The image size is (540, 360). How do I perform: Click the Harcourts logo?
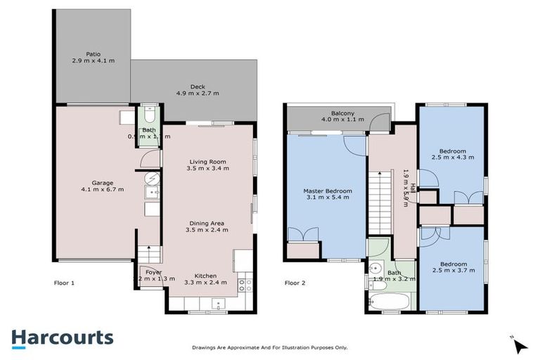tap(62, 337)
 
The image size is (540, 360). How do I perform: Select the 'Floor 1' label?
tap(65, 283)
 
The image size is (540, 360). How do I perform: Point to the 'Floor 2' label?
tap(295, 283)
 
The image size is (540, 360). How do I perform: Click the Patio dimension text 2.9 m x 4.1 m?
tap(93, 61)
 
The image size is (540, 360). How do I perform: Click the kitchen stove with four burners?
tap(244, 285)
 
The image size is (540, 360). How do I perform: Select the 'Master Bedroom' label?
tap(327, 191)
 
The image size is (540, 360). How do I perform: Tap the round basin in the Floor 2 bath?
tap(375, 269)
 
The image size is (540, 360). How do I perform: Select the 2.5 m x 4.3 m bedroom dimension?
tap(451, 157)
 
